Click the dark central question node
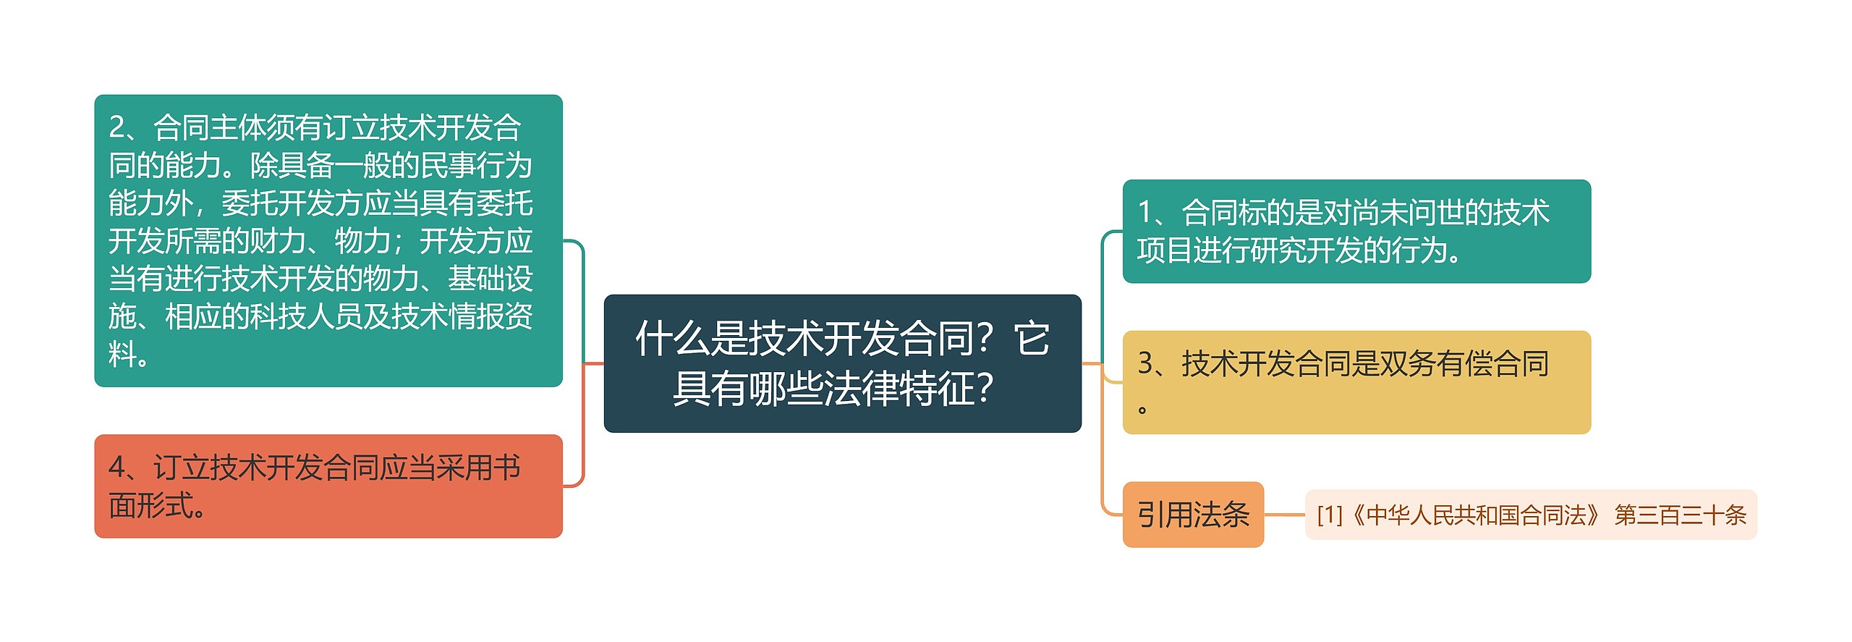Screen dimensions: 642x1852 842,363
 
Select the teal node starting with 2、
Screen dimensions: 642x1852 328,240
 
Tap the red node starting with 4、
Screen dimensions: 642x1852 328,486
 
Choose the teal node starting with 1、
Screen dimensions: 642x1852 1356,231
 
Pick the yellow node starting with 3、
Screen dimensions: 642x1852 1356,382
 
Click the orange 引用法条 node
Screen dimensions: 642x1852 1192,515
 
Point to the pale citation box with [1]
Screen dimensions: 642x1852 1530,515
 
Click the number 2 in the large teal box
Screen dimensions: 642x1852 117,128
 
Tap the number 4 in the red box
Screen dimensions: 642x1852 117,468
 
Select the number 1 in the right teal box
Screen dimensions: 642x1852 1145,213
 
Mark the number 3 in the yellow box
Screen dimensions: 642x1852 1146,364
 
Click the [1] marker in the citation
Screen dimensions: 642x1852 1330,515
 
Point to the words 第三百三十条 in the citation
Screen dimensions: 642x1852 1680,515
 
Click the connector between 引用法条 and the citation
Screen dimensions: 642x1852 1284,515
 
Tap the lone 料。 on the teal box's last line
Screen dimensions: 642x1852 129,355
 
